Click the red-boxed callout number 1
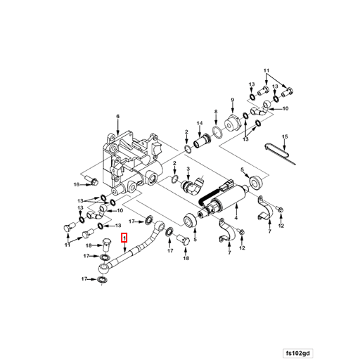124,238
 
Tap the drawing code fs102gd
298,353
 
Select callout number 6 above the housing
118,116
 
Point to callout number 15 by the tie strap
285,136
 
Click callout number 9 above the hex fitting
233,100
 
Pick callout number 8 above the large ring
216,112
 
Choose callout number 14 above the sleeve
200,123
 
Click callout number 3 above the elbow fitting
188,169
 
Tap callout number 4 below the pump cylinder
236,218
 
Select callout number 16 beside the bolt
77,184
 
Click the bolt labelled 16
91,180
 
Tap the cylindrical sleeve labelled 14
202,141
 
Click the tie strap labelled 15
279,153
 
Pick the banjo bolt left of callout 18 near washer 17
106,245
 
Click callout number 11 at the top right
266,70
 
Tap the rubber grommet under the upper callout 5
256,182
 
